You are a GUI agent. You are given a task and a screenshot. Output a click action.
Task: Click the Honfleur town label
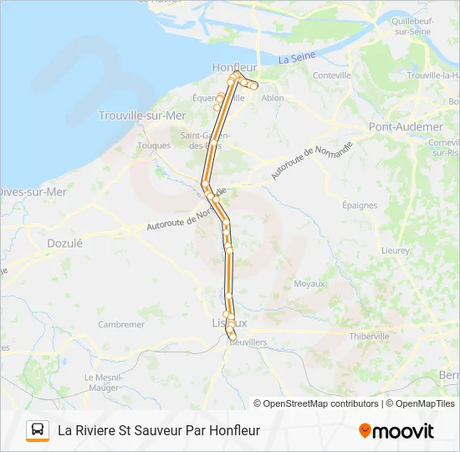point(235,66)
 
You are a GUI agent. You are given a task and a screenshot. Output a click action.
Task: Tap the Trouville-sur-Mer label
point(142,116)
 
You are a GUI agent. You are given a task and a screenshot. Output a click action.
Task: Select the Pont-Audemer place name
point(406,126)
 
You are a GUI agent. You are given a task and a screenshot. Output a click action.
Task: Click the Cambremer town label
point(121,324)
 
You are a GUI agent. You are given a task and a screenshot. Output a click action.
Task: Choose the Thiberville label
point(369,336)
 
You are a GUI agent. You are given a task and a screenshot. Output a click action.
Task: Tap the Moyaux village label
point(309,284)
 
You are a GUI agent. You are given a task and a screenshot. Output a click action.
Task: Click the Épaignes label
point(360,205)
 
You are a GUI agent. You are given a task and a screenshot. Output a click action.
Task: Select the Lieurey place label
point(395,250)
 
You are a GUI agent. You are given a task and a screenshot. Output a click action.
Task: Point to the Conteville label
point(331,75)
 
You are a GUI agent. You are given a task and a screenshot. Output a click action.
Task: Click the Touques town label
point(154,145)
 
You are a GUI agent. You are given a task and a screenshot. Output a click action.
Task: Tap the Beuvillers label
point(248,342)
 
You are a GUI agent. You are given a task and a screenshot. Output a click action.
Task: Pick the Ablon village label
point(273,97)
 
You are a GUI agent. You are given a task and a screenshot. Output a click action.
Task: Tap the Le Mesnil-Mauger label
point(104,382)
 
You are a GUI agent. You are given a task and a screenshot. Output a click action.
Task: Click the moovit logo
point(396,431)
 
